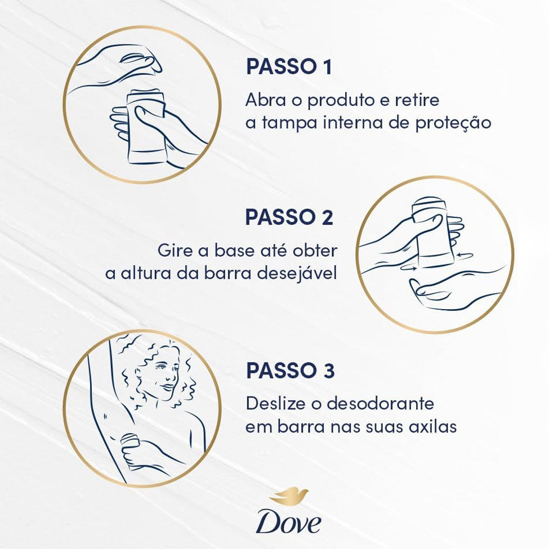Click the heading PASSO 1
(x=289, y=66)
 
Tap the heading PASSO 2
(x=289, y=217)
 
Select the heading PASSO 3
(x=290, y=371)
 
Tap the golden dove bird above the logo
(x=290, y=495)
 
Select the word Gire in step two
(x=174, y=251)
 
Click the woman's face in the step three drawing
(x=165, y=374)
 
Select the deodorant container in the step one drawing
(x=146, y=126)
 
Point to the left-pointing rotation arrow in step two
(x=465, y=256)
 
